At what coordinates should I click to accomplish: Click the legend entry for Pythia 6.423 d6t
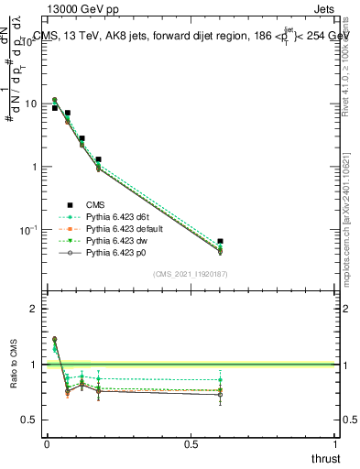[x=112, y=216]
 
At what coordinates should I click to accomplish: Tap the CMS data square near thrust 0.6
[x=220, y=242]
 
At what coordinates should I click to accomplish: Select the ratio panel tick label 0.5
[x=30, y=420]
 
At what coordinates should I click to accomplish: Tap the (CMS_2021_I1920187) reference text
[x=191, y=274]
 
